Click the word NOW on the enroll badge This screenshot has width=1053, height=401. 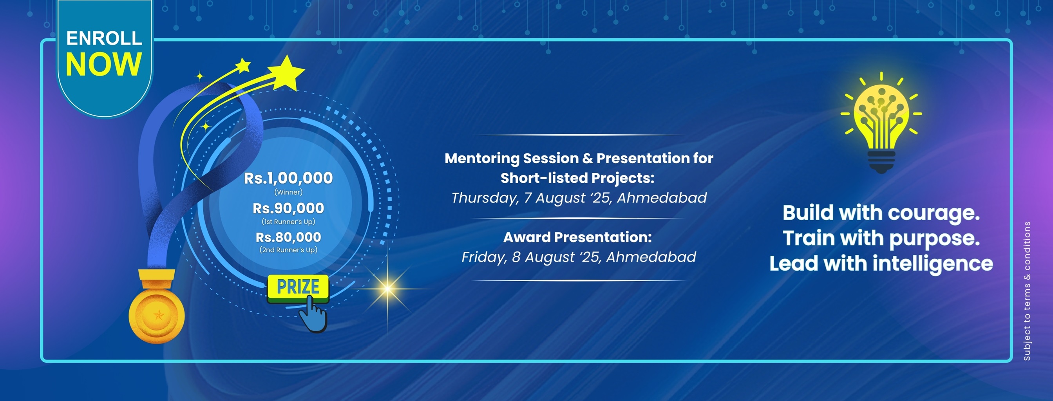(x=104, y=64)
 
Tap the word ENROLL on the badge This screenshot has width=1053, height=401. (x=104, y=38)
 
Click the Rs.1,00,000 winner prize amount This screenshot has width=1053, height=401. (x=288, y=178)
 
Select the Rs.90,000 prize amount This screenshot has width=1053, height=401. (x=288, y=208)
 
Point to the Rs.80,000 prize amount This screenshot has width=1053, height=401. (x=288, y=237)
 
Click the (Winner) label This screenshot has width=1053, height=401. (x=288, y=192)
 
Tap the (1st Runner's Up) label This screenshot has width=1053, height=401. (x=288, y=222)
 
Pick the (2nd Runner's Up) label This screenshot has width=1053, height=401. (x=288, y=250)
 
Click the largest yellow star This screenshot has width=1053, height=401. (x=287, y=74)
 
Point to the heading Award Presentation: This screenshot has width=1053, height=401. (x=577, y=237)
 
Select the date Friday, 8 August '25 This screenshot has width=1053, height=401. (x=532, y=257)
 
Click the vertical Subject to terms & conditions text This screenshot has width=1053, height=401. (x=1027, y=291)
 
